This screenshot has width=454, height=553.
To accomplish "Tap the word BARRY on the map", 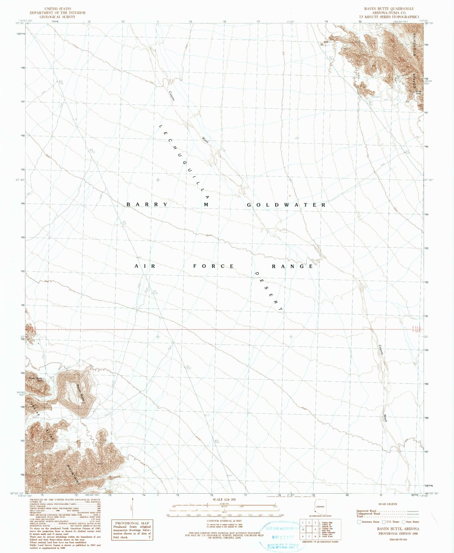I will coord(147,205).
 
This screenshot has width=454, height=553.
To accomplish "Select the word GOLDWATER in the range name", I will coord(286,205).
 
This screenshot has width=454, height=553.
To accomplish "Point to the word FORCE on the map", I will coord(214,266).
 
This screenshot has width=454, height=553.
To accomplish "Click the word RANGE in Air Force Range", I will coord(293,266).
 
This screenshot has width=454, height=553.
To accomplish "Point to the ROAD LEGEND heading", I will coord(388,504).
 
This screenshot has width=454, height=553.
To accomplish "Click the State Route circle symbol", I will coord(404,522).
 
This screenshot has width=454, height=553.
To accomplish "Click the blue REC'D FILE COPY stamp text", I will coord(282,546).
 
